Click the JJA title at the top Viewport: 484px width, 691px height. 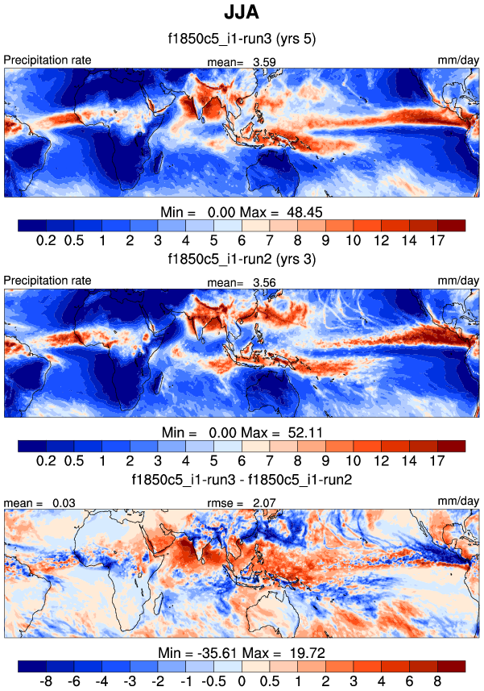tap(241, 14)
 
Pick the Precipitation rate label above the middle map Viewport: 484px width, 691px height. tap(48, 281)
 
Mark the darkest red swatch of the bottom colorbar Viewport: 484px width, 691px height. tap(451, 666)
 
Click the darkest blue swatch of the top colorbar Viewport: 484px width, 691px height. tap(31, 225)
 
